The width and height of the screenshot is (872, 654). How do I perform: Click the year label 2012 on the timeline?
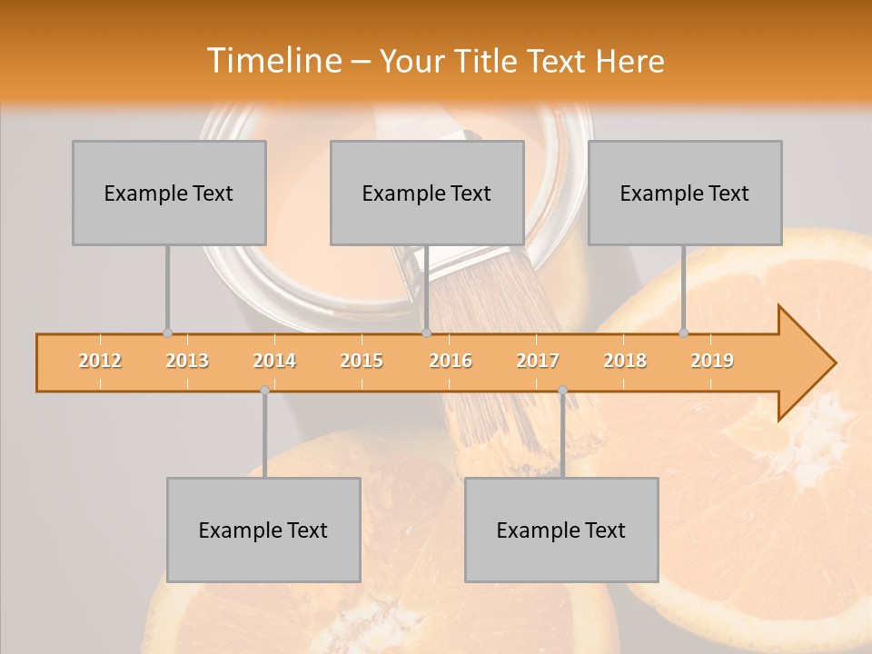pyautogui.click(x=100, y=361)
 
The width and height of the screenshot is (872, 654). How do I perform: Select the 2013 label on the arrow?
pyautogui.click(x=187, y=361)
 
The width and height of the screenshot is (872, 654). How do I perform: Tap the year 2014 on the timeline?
pyautogui.click(x=274, y=361)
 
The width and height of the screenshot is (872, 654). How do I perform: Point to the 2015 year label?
pyautogui.click(x=362, y=361)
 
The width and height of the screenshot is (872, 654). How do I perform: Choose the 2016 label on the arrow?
pyautogui.click(x=451, y=361)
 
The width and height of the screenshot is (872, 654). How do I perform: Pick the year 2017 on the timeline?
pyautogui.click(x=538, y=361)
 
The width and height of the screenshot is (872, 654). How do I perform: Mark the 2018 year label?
pyautogui.click(x=625, y=361)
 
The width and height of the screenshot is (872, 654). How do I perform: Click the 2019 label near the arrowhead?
pyautogui.click(x=712, y=361)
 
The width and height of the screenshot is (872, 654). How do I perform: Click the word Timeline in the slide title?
pyautogui.click(x=272, y=61)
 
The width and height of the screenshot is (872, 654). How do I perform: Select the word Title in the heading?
pyautogui.click(x=489, y=61)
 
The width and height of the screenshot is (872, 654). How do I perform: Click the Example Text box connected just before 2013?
pyautogui.click(x=169, y=193)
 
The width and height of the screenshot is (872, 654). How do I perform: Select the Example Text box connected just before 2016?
pyautogui.click(x=427, y=193)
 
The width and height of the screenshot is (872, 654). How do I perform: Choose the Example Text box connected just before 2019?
pyautogui.click(x=685, y=193)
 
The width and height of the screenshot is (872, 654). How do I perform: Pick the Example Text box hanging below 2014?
pyautogui.click(x=263, y=530)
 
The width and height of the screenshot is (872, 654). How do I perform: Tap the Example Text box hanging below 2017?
pyautogui.click(x=561, y=530)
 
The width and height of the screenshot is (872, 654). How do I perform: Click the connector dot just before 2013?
pyautogui.click(x=167, y=333)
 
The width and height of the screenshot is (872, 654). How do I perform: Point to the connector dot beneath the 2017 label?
pyautogui.click(x=562, y=391)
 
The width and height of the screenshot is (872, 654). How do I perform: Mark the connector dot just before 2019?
pyautogui.click(x=684, y=333)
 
